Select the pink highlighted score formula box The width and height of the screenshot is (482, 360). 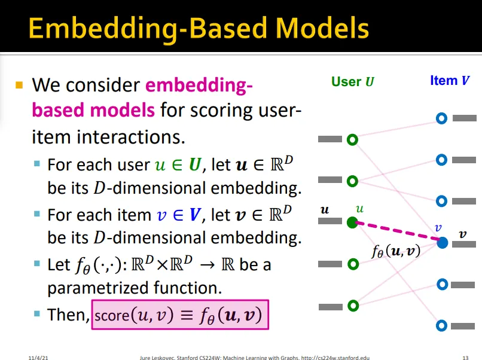(180, 314)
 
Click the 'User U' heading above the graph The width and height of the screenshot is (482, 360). (353, 81)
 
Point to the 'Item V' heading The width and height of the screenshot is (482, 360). (449, 80)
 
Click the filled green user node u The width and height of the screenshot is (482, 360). (352, 222)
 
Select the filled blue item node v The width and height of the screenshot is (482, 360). (442, 243)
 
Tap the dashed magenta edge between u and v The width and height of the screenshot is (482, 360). (397, 233)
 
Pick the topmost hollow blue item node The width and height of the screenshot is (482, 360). (442, 118)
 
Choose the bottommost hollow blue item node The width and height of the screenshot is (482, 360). (442, 325)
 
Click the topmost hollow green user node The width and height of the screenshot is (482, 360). (352, 140)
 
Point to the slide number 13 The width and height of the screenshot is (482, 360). (466, 357)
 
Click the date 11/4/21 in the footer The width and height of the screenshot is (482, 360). (38, 357)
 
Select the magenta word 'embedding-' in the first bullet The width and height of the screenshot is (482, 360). (199, 86)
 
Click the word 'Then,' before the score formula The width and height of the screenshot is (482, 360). (68, 315)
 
